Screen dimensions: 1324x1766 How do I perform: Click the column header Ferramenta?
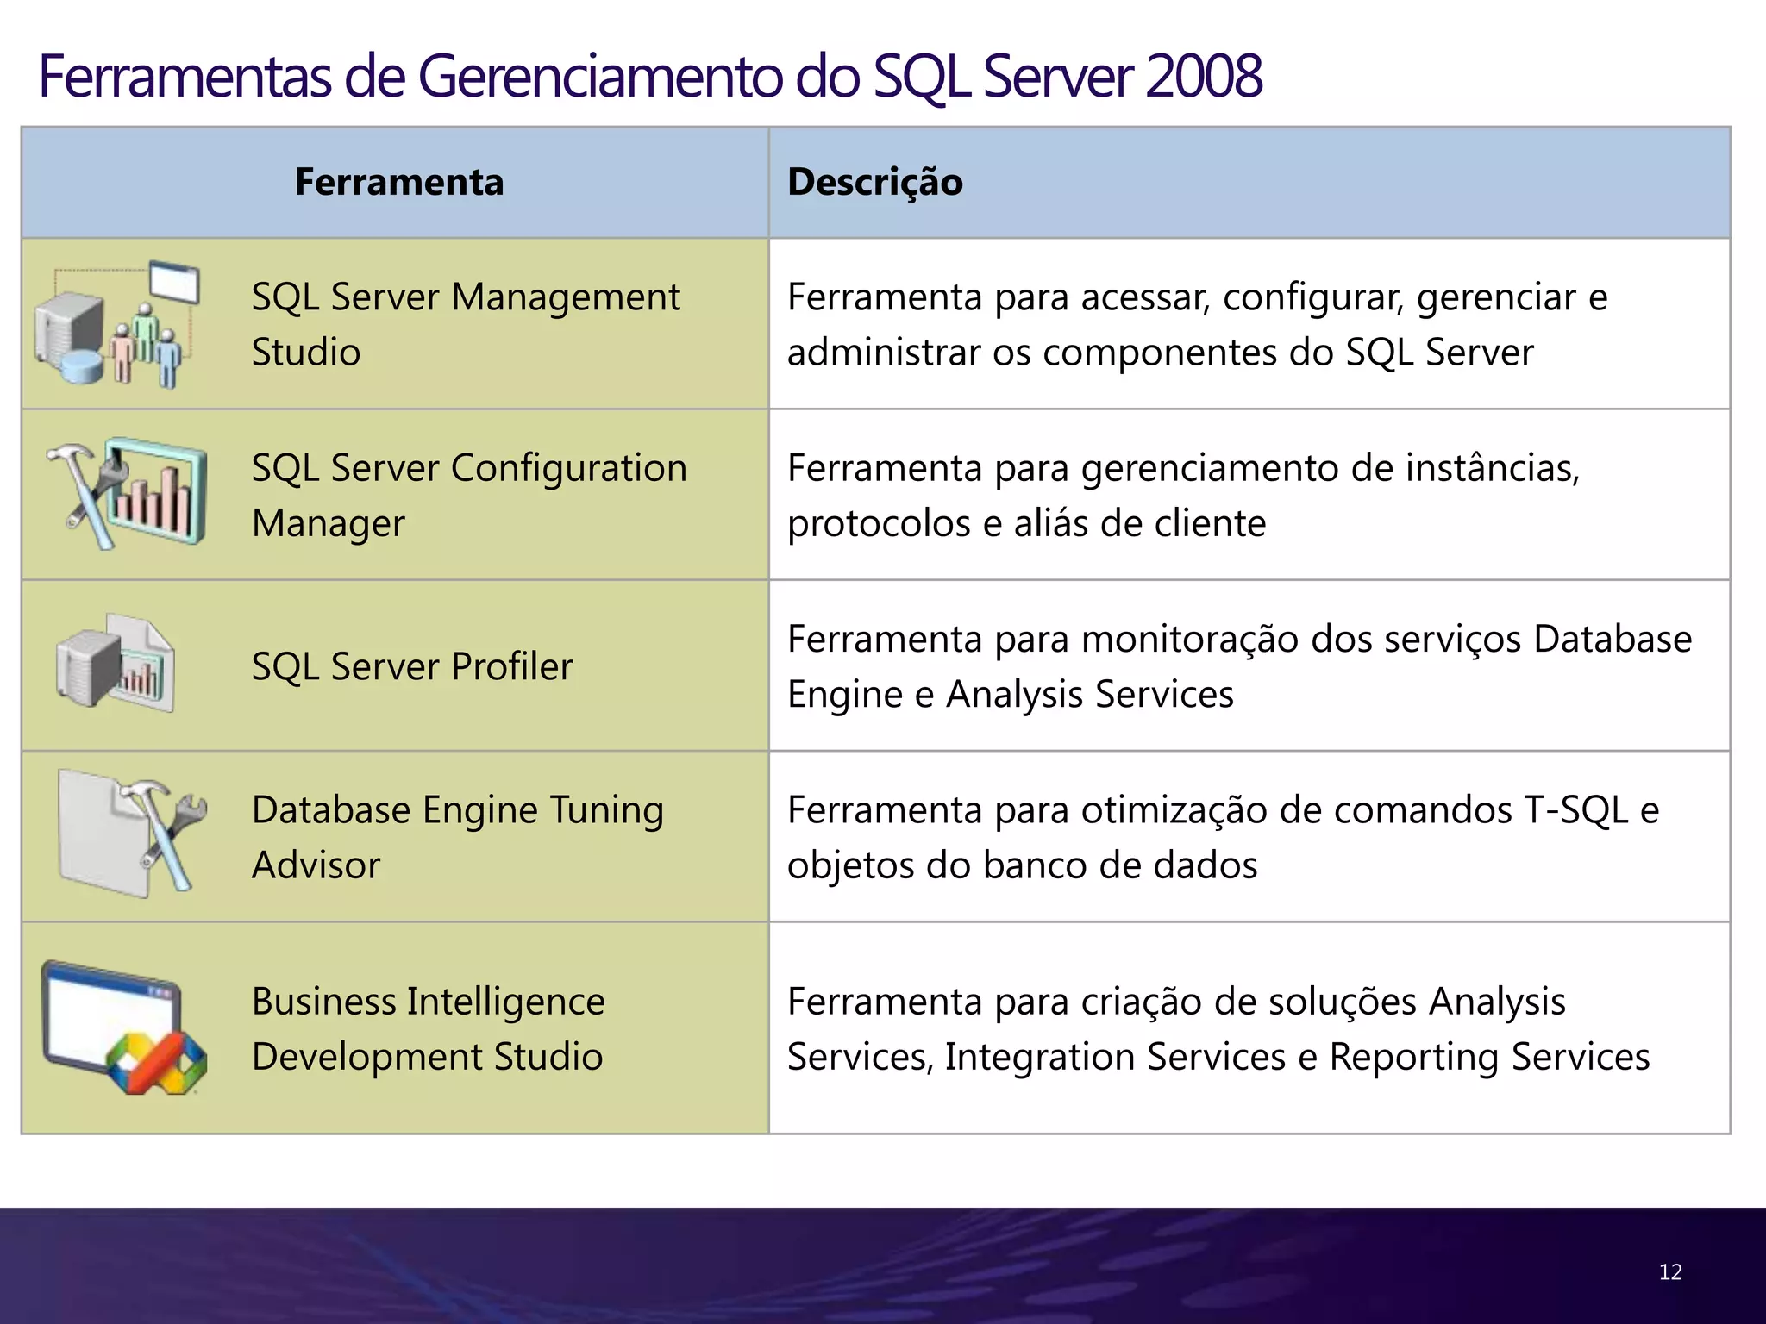[398, 182]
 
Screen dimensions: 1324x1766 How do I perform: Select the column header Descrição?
[874, 182]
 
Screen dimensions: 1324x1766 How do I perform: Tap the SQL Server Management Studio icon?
[116, 324]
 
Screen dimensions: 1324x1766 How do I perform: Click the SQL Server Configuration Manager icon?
[128, 493]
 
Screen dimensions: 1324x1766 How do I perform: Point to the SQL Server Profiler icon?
[116, 664]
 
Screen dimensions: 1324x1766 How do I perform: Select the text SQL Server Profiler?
[412, 666]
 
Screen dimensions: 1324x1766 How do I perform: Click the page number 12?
[1669, 1272]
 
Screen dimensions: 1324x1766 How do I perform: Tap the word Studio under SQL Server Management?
[306, 353]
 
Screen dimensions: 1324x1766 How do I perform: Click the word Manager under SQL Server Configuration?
[329, 523]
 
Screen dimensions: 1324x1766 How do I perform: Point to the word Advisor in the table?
[316, 865]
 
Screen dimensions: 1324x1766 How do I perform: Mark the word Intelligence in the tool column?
[505, 1002]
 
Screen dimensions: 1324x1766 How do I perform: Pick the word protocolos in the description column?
[879, 523]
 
